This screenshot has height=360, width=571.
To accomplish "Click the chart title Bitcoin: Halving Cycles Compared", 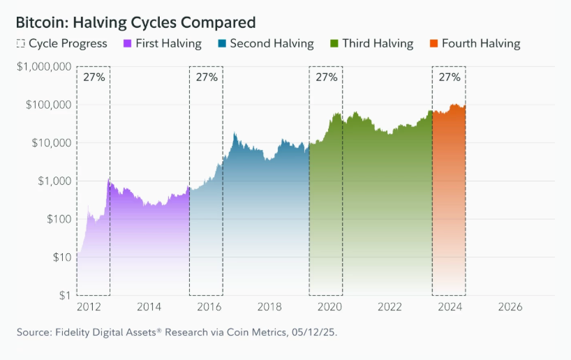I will click(135, 22).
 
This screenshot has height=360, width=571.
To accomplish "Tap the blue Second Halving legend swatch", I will click(223, 43).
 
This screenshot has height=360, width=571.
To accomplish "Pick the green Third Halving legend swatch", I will click(334, 43).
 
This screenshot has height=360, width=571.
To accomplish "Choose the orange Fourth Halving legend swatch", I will click(434, 43).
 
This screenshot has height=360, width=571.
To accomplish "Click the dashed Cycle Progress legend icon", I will click(20, 43).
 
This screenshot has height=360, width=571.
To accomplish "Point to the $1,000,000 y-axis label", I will click(43, 67).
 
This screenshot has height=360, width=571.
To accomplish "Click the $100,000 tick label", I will click(47, 105).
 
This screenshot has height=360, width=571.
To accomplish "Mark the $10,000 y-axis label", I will click(50, 143).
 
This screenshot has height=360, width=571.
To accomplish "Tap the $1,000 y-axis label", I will click(52, 181).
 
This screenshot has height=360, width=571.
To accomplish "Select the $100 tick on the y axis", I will click(56, 219).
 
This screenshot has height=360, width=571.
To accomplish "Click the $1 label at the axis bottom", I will click(63, 295).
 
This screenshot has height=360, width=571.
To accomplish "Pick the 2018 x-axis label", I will click(269, 307).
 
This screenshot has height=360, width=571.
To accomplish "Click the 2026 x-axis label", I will click(510, 307).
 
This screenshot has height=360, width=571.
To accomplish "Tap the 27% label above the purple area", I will click(94, 77).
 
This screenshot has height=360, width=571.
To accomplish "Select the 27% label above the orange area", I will click(449, 77).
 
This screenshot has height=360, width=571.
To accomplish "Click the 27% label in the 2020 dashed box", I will click(326, 77).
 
